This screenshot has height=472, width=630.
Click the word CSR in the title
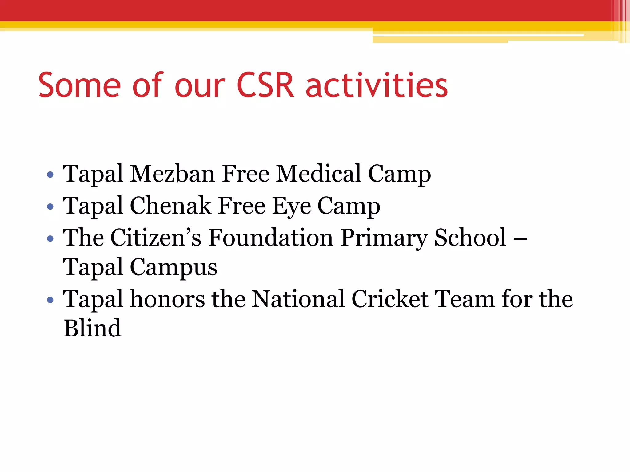coord(265,85)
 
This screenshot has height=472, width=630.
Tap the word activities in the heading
coord(377,85)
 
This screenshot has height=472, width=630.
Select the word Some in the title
coord(79,85)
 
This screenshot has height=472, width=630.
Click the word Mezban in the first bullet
coord(172,174)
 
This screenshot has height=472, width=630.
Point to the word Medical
coord(318,174)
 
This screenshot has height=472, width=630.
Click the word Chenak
coord(170,206)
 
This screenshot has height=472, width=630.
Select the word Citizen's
coord(156,238)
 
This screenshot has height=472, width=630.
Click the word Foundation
coord(271,238)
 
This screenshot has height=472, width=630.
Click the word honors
coord(167,299)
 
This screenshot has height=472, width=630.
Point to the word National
coord(298,299)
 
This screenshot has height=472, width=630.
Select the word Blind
coord(92,328)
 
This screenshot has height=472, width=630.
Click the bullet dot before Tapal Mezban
coord(50,175)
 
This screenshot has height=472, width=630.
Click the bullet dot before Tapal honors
coord(50,300)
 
